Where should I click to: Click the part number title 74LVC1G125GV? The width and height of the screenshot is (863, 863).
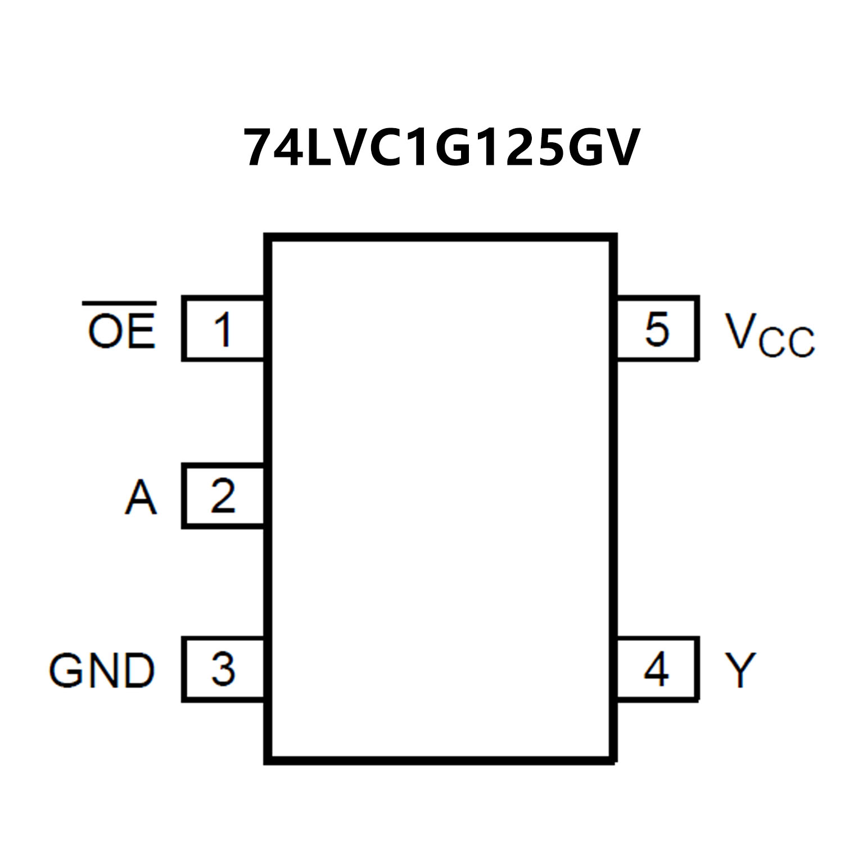pos(441,148)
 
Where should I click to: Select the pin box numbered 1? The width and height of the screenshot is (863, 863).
pos(223,328)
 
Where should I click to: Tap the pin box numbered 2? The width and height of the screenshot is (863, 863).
pos(223,495)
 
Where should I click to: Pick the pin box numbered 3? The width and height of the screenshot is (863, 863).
pos(223,669)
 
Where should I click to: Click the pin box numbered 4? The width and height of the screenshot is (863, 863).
pos(657,669)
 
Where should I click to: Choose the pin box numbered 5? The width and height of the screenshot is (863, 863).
pos(657,328)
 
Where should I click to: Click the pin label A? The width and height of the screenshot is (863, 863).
pos(140,497)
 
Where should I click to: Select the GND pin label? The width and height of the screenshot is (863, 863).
pos(102,670)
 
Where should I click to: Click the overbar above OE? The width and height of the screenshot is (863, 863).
pos(119,304)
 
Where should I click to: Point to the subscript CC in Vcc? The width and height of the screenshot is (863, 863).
pos(787,341)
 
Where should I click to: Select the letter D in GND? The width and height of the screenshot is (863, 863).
pos(138,670)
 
